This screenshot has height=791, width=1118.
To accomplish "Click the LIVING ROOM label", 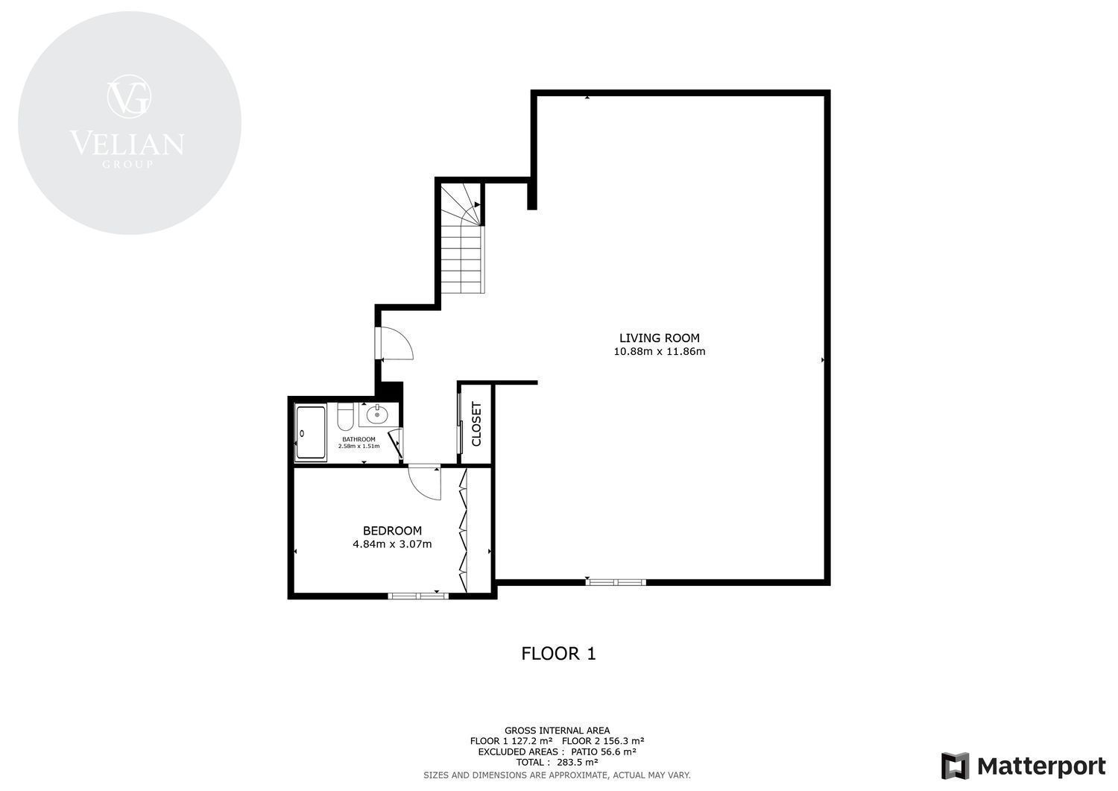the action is [660, 338].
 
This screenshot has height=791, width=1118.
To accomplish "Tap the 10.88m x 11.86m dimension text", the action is [660, 352].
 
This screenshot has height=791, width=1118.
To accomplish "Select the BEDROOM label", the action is [392, 531].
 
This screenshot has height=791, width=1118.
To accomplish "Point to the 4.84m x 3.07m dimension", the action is [392, 544].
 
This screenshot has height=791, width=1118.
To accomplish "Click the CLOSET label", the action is [476, 424].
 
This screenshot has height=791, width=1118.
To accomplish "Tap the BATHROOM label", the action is [359, 439].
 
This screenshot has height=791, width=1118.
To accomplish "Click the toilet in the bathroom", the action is [345, 417].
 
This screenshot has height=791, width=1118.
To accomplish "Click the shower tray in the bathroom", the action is [311, 432].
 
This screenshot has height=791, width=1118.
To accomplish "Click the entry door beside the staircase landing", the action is [394, 343].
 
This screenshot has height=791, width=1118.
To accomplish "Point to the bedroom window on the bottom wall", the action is [418, 596].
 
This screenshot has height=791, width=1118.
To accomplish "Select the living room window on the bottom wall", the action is [616, 582].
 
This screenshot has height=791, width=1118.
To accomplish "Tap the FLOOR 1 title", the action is [558, 654].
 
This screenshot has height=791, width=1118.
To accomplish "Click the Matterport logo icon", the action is [956, 766].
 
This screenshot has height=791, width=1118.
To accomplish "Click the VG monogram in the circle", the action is [129, 97].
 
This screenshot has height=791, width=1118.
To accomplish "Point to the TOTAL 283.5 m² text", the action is [557, 763].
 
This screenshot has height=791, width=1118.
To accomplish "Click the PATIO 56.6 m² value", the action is [604, 752].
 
